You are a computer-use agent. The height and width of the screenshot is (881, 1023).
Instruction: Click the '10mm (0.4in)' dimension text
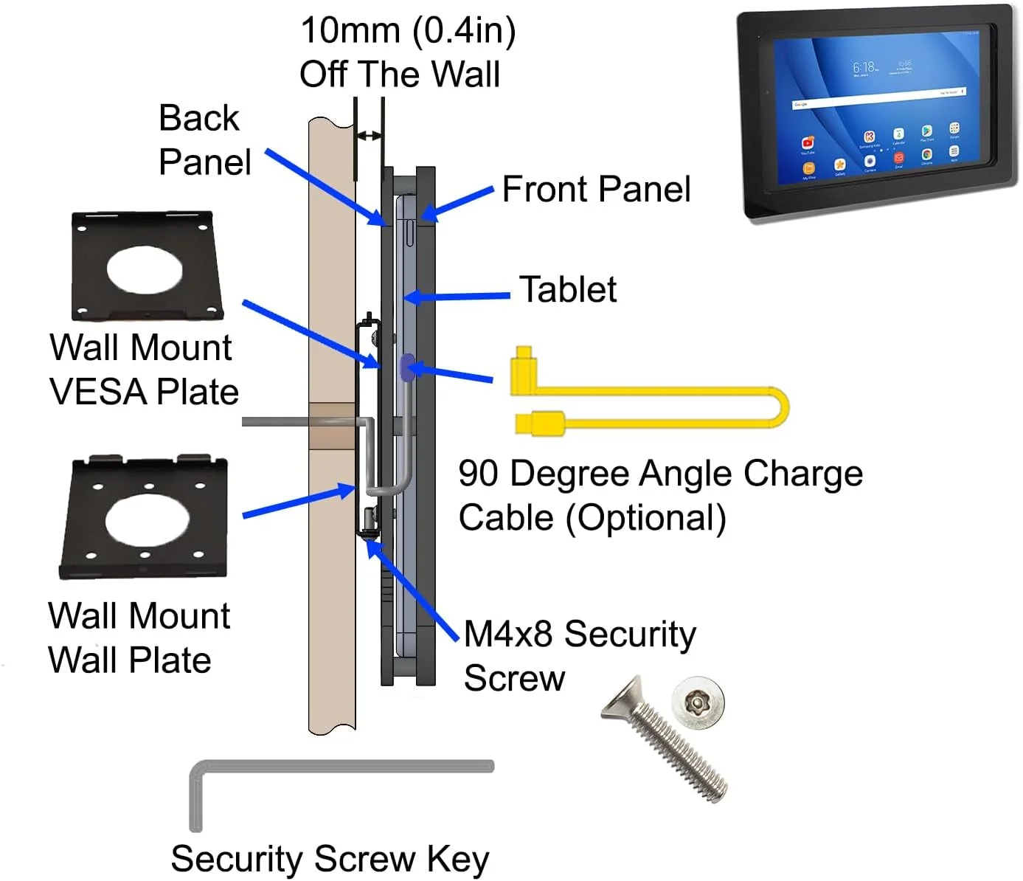[408, 31]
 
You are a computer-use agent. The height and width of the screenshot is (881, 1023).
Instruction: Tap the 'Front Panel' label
[596, 190]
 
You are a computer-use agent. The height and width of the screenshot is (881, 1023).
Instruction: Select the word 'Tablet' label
[567, 289]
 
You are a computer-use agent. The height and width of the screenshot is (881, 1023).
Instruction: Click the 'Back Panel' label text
[204, 140]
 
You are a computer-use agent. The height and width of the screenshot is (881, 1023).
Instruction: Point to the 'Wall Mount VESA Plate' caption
[143, 370]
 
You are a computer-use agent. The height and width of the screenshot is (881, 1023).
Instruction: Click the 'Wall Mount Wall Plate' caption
[139, 638]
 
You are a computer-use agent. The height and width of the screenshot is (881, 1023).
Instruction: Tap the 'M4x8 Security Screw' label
[579, 656]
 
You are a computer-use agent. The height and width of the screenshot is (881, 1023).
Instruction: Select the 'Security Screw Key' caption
[330, 859]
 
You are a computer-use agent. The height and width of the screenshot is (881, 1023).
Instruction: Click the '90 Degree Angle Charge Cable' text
[660, 495]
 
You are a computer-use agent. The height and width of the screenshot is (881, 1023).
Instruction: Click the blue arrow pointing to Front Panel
[457, 203]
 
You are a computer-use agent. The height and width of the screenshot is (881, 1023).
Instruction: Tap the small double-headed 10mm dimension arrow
[369, 136]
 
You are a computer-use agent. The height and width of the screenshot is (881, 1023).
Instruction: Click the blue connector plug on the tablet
[406, 367]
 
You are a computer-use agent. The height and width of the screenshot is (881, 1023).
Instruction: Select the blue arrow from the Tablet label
[457, 297]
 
